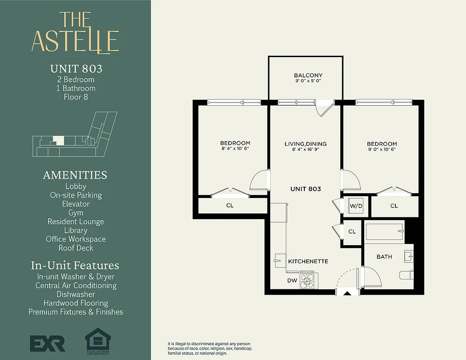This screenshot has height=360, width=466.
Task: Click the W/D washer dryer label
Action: (356, 206)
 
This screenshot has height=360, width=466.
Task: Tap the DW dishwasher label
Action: (292, 280)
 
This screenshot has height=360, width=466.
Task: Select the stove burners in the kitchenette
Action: (308, 281)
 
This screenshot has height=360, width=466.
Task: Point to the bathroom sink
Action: (408, 256)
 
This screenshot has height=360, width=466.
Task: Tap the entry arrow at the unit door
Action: (347, 293)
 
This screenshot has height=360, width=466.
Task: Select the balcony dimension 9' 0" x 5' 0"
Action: (308, 81)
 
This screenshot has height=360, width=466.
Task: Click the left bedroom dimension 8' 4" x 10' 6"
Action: (235, 148)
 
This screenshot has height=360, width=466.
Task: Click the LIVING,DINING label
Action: (305, 144)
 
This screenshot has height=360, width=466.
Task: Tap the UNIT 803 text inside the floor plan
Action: (305, 189)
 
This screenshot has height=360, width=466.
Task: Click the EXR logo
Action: (47, 343)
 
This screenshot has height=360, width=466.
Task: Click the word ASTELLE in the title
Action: (75, 41)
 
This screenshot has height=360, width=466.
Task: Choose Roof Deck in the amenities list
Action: (76, 248)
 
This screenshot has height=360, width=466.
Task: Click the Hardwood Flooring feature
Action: (76, 303)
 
